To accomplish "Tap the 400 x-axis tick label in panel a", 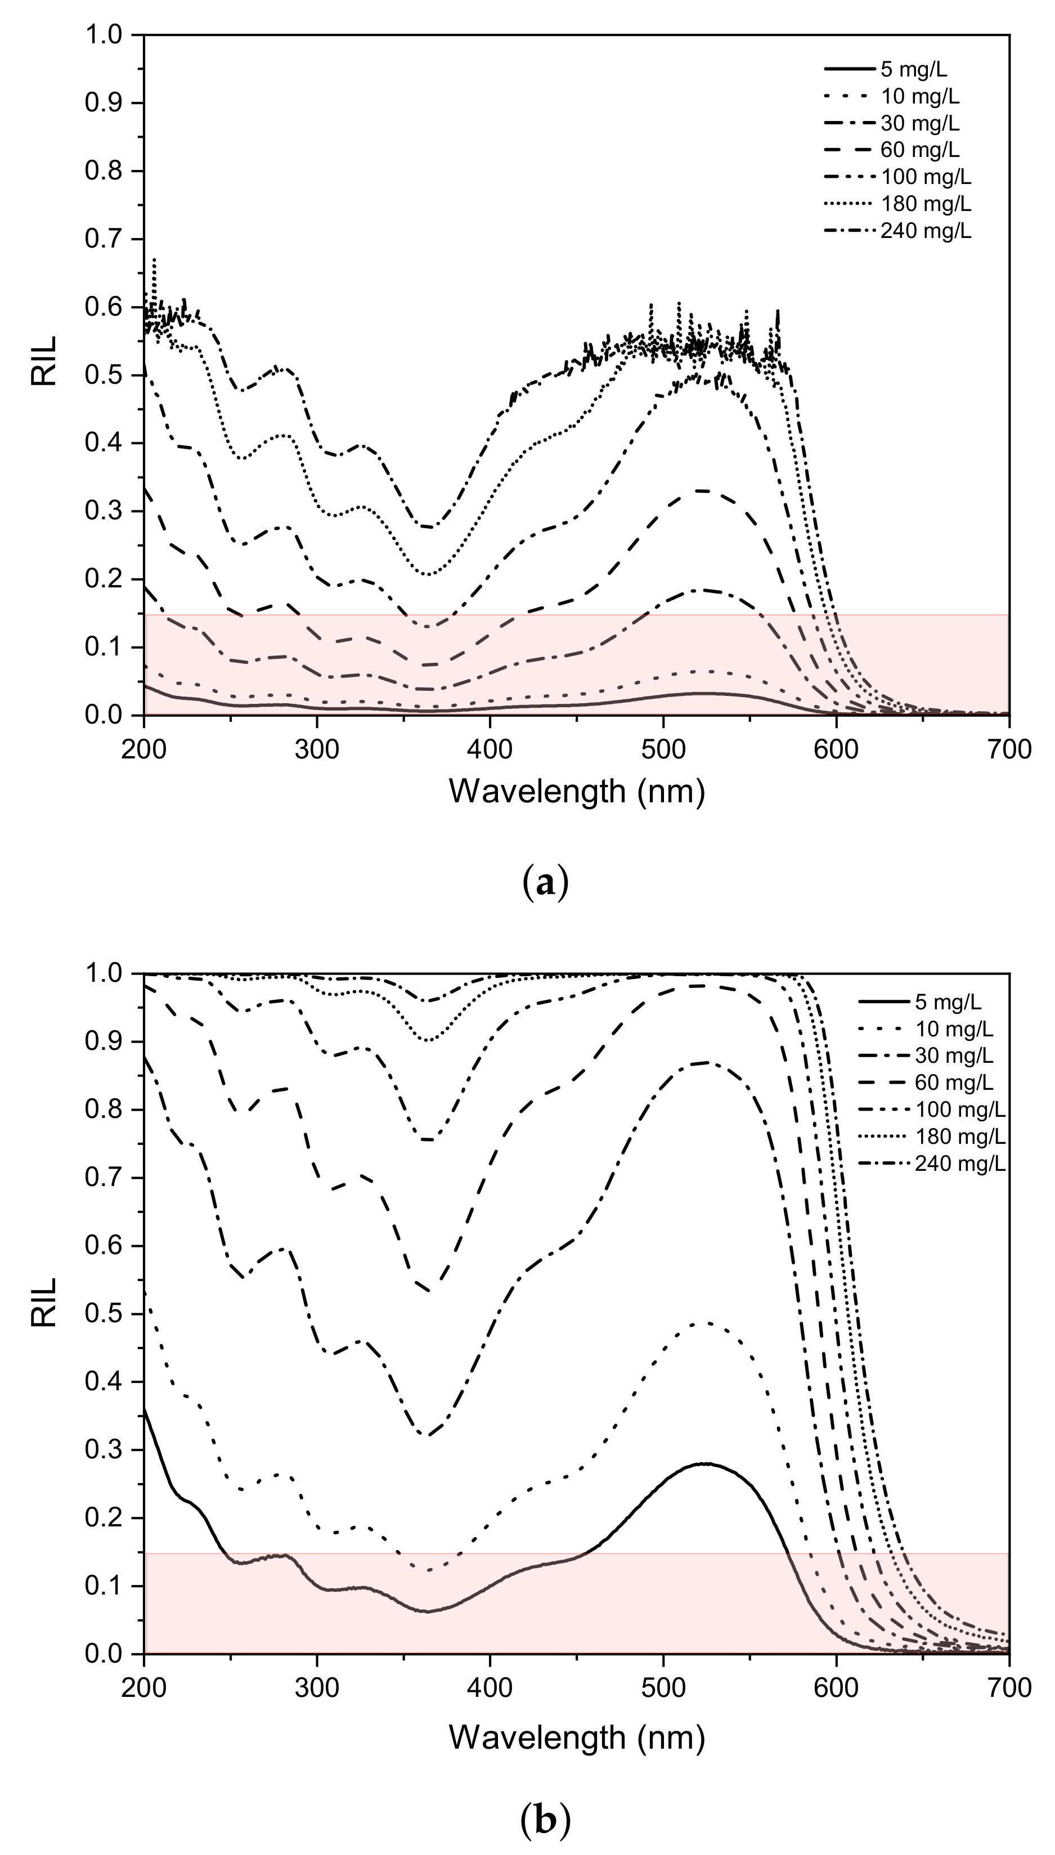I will [x=490, y=749].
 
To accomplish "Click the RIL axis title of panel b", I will [x=45, y=1301].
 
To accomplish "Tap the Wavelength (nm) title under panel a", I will [x=577, y=791].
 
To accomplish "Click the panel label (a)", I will [x=545, y=885].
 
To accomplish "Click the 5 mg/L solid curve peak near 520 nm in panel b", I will [x=705, y=1464].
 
